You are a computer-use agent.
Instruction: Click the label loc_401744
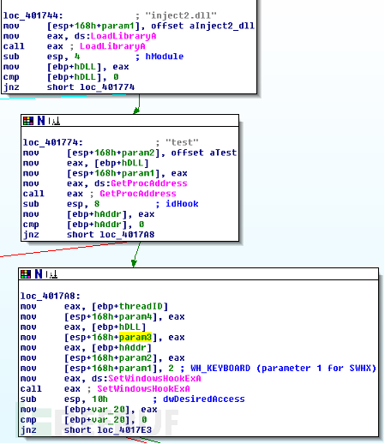point(33,15)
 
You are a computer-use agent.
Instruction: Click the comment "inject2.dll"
point(181,15)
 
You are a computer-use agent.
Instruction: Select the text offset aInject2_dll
point(202,26)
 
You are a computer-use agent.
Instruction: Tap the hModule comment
point(165,57)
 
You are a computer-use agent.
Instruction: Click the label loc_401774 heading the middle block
point(53,142)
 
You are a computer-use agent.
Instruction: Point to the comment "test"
point(182,142)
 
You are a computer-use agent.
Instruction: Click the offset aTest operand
point(204,153)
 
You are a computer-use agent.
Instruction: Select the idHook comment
point(182,204)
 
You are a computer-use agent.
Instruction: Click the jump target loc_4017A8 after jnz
point(127,235)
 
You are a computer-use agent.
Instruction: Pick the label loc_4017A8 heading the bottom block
point(51,296)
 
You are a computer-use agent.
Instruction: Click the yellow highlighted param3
point(135,337)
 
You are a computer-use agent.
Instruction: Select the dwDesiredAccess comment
point(204,399)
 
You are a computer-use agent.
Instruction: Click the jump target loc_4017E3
point(124,429)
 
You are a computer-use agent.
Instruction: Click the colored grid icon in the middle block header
point(28,121)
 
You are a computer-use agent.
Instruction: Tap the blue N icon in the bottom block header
point(39,274)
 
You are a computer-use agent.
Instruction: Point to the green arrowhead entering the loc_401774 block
point(136,111)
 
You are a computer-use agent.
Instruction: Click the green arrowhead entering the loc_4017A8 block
point(134,263)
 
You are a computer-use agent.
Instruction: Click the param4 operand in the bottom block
point(135,316)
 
